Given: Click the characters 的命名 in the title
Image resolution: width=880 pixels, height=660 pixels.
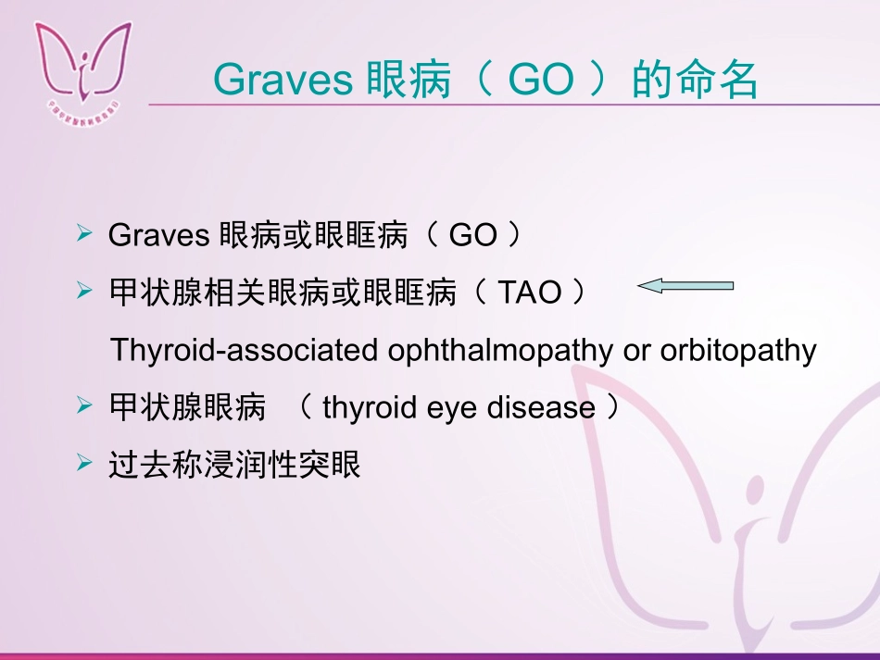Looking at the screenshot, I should click(696, 81).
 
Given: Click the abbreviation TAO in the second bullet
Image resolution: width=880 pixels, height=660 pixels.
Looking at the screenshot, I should click(530, 293).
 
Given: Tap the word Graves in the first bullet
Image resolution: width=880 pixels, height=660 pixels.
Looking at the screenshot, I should click(158, 236).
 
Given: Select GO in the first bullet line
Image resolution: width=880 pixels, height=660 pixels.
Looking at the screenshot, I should click(472, 236).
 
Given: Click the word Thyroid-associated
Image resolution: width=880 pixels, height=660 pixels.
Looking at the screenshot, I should click(244, 351).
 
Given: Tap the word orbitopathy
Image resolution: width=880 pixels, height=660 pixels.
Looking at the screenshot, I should click(738, 351).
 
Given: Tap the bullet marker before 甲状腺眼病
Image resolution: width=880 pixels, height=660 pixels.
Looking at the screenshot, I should click(85, 405).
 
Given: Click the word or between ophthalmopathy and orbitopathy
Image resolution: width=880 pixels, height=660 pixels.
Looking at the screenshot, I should click(636, 351).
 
